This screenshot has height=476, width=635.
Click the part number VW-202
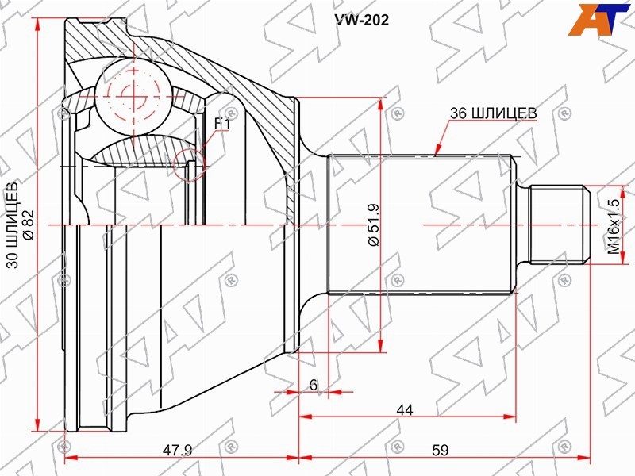pos(361,20)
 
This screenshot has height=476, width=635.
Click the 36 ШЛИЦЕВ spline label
pos(493,113)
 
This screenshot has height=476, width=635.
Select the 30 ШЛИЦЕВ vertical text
pos(13,225)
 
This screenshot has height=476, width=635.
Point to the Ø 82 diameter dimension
pos(29,225)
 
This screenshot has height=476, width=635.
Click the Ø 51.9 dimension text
pos(373,225)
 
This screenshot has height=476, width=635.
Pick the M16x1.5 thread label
pos(614,226)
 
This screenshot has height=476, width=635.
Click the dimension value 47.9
pos(177,450)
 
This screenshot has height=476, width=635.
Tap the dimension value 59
pos(441,450)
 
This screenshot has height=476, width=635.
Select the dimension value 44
pos(405,410)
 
